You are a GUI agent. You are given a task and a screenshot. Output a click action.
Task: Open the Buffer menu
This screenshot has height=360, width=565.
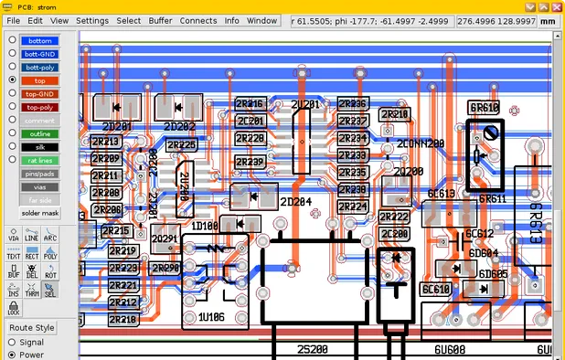click(160, 19)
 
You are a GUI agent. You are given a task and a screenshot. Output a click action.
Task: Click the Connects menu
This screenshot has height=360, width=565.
click(198, 19)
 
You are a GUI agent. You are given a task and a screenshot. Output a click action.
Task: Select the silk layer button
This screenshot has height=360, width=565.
click(39, 146)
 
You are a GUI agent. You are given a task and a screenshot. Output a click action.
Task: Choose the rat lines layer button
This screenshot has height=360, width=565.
click(39, 160)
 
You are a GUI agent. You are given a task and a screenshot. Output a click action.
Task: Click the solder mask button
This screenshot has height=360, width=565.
click(39, 213)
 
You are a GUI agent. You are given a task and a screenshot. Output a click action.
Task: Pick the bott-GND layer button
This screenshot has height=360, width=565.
click(39, 54)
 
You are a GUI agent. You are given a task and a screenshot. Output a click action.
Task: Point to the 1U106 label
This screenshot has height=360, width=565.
click(211, 317)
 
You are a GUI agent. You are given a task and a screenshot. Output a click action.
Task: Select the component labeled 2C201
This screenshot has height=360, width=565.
click(249, 121)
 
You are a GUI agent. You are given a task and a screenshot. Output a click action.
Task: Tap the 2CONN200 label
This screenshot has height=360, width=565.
click(421, 144)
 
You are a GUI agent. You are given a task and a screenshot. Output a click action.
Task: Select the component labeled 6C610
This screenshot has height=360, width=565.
click(437, 289)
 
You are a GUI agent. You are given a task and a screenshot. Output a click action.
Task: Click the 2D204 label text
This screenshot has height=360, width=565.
click(296, 201)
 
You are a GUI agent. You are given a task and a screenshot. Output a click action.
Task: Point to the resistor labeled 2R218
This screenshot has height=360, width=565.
click(123, 320)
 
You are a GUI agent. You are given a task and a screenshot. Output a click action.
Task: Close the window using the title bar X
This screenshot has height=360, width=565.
click(554, 5)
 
